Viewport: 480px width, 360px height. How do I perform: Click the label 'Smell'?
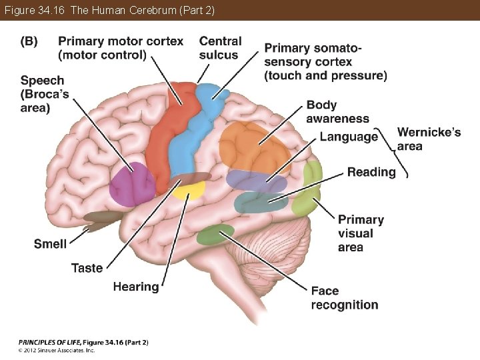pos(50,244)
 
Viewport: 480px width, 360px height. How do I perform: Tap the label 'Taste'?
pos(87,268)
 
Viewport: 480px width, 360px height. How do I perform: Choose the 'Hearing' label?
pos(136,287)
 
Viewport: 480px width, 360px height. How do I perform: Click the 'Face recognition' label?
pos(344,298)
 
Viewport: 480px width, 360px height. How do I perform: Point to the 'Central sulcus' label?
pos(220,48)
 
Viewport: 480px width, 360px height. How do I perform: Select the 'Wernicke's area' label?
pos(429,139)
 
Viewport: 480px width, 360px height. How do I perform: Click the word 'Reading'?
pos(371,172)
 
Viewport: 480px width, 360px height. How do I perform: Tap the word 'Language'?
pos(348,137)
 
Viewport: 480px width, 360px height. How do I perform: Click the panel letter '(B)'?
pos(29,41)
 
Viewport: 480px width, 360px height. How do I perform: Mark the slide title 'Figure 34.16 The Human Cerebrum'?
pos(109,10)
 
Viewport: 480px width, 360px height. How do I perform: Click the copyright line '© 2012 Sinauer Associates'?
pos(57,349)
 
